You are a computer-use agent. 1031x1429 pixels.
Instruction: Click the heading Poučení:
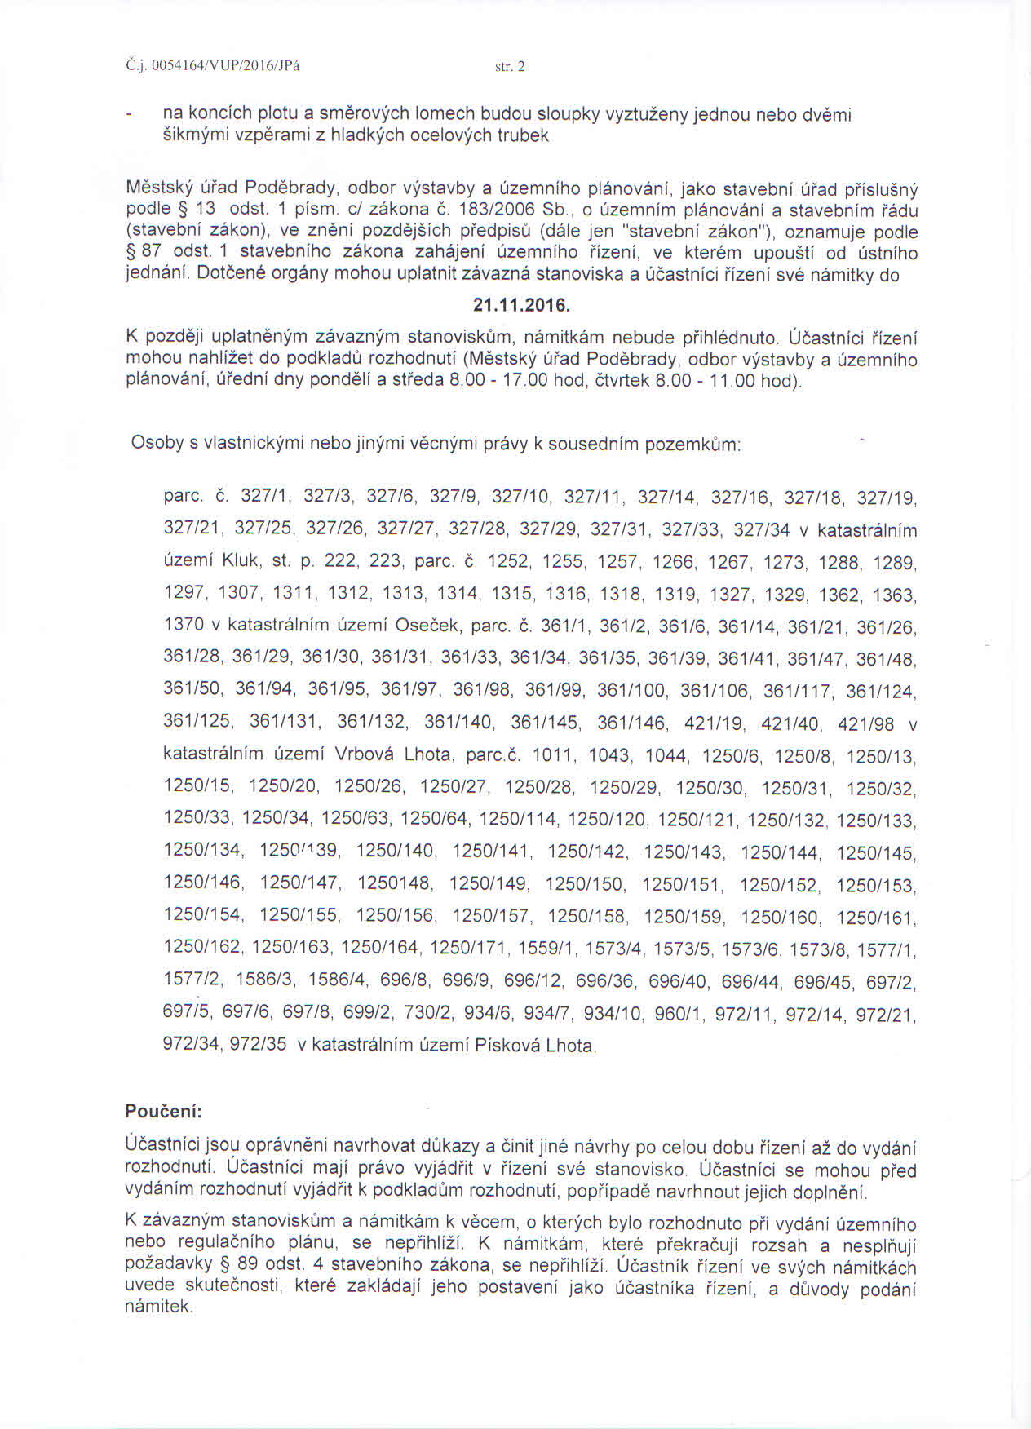[x=163, y=1111]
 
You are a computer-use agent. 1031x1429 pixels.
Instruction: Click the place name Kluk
[x=241, y=561]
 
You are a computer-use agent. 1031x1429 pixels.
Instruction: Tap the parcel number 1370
[x=184, y=626]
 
